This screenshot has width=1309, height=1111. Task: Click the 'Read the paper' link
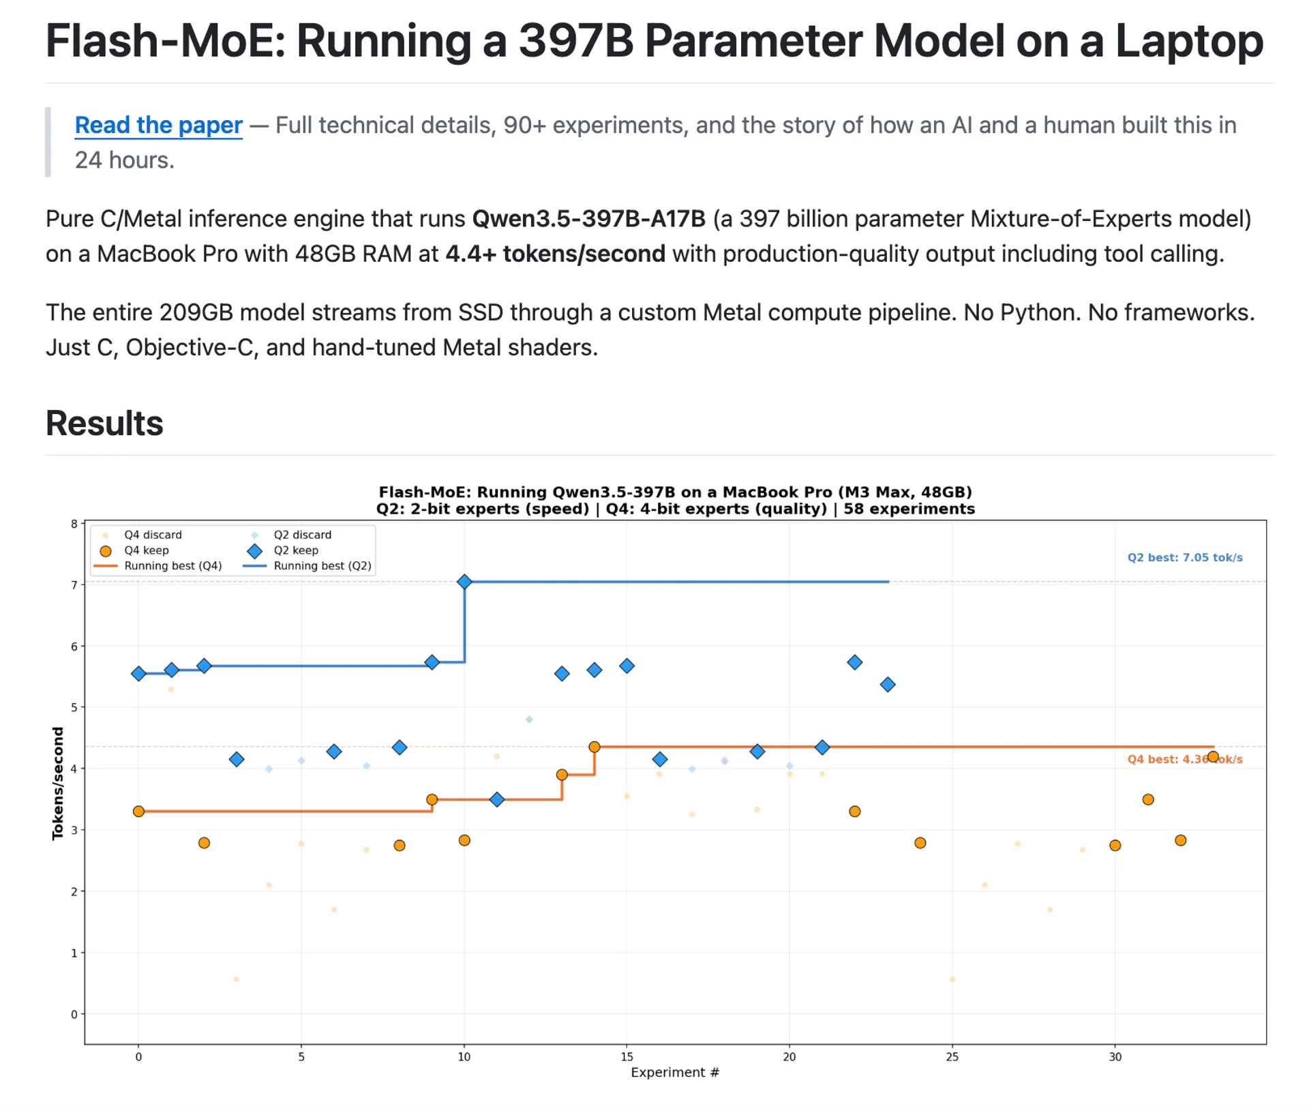(x=158, y=125)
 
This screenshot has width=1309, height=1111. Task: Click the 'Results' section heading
(x=104, y=424)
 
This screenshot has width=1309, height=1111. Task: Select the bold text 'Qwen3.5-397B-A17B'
(x=588, y=219)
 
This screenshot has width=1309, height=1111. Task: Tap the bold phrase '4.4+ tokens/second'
(x=555, y=254)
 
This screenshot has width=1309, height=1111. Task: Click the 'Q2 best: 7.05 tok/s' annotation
(x=1184, y=557)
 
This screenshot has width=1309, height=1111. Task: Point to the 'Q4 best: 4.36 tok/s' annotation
(x=1184, y=759)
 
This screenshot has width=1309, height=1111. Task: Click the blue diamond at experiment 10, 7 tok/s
(x=464, y=582)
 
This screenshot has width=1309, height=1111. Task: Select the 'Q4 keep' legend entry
(x=146, y=550)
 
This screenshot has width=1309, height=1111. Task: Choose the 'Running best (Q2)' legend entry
(x=322, y=566)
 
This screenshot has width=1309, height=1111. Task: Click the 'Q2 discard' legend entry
(x=302, y=535)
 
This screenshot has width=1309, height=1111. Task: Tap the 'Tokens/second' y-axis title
(x=58, y=783)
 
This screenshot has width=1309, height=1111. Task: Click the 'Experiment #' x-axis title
(x=675, y=1072)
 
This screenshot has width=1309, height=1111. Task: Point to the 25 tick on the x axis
(x=952, y=1057)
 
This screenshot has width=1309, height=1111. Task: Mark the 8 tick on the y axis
(x=74, y=524)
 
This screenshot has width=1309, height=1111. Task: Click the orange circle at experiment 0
(x=138, y=812)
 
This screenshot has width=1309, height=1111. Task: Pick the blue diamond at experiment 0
(x=138, y=674)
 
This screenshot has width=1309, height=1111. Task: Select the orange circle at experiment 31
(x=1148, y=799)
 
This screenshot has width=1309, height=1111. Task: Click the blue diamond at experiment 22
(x=855, y=662)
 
